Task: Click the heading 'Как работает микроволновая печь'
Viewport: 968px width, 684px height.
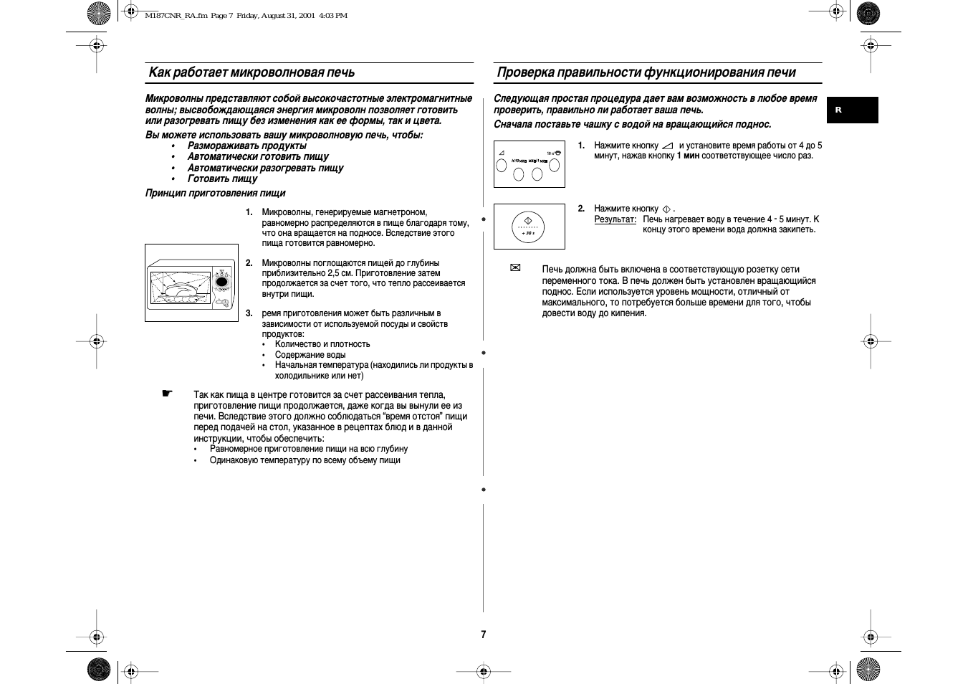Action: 251,72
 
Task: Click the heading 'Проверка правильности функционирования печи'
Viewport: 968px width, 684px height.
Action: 646,72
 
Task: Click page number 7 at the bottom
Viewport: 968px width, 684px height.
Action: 484,635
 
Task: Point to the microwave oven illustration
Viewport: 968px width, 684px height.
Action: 191,282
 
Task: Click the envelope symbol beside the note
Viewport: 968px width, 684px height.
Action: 514,268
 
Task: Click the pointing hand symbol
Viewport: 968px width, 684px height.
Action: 167,393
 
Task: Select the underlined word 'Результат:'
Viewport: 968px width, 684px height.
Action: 615,219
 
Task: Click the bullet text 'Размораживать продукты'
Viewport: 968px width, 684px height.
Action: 246,146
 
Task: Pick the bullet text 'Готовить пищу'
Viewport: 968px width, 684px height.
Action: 222,179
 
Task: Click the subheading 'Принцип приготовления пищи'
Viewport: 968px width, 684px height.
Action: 215,193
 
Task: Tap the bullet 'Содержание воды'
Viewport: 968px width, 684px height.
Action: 310,355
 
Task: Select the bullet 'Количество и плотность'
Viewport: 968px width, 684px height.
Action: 322,344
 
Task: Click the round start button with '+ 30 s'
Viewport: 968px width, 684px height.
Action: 528,227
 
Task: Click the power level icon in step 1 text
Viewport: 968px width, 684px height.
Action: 668,146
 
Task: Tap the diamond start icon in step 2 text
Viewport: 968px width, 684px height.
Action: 666,209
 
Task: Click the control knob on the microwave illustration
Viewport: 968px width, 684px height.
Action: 222,282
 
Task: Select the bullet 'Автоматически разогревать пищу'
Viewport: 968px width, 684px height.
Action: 265,168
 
